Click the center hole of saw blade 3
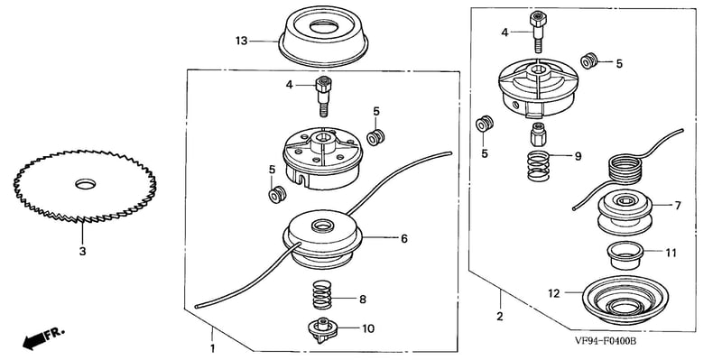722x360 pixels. [85, 185]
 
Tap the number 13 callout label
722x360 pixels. [241, 41]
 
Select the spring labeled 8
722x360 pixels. [322, 295]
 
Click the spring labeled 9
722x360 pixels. [538, 166]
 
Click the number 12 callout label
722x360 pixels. [554, 293]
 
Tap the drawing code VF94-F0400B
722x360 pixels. [606, 342]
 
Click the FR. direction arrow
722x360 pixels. [43, 337]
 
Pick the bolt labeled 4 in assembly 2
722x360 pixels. [538, 32]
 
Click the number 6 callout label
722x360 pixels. [403, 238]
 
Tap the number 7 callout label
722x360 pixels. [678, 206]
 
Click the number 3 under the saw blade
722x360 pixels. [82, 252]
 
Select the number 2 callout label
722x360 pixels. [500, 317]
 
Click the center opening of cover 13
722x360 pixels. [324, 26]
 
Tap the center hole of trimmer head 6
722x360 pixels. [322, 226]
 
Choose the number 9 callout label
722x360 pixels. [578, 156]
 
